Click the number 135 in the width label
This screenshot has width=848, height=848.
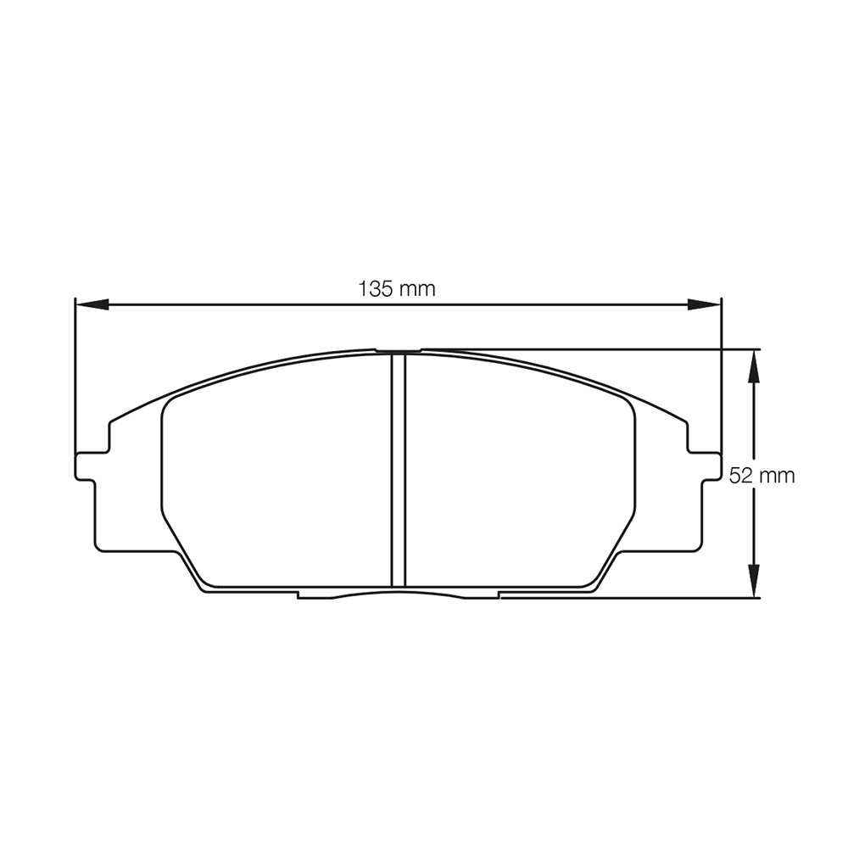click(x=376, y=288)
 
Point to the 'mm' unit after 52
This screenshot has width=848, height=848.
click(x=776, y=476)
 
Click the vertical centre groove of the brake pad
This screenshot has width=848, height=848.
click(x=399, y=471)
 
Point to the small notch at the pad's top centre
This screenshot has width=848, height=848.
click(x=399, y=349)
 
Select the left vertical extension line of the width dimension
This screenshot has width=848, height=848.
click(x=75, y=373)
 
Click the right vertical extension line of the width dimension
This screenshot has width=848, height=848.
click(x=721, y=373)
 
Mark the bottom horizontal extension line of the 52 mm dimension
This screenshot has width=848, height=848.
click(x=636, y=597)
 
